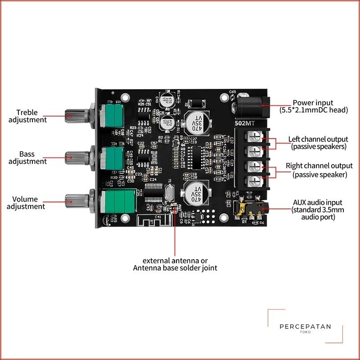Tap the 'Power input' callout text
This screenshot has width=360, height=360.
[x=313, y=106]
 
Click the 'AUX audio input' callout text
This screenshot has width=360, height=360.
[x=317, y=210]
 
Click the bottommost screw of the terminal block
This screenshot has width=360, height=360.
[x=255, y=181]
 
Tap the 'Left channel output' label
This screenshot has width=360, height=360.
[x=318, y=143]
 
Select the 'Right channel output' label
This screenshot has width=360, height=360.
[x=319, y=170]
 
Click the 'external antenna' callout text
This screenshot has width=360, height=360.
[x=175, y=264]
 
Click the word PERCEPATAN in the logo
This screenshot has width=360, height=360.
[x=305, y=328]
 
